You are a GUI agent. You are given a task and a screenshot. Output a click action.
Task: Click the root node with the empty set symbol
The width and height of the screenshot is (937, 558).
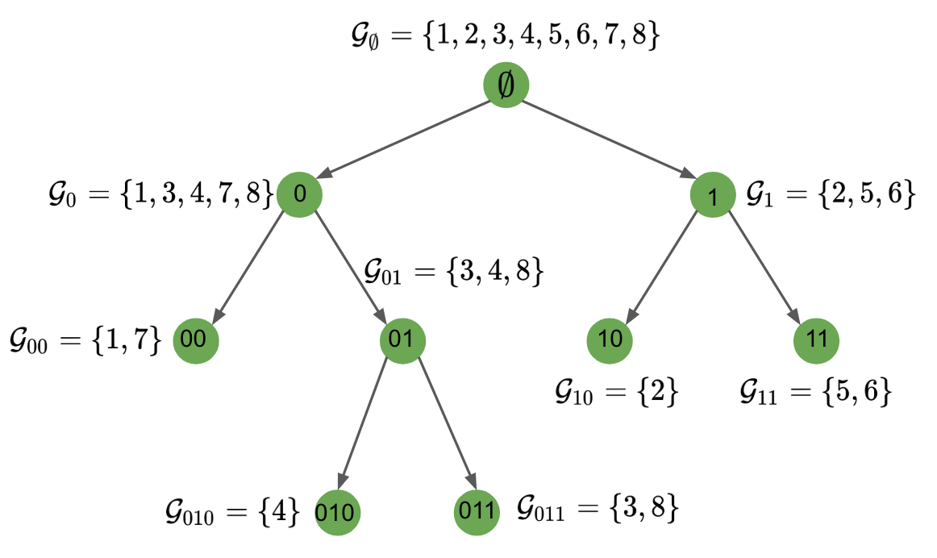[x=506, y=85]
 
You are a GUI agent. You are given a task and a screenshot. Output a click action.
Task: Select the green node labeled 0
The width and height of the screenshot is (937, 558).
[x=299, y=194]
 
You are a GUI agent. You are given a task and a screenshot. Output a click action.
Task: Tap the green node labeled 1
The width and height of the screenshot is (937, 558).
[x=713, y=194]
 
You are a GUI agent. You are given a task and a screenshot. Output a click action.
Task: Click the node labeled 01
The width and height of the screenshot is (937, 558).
[x=402, y=339]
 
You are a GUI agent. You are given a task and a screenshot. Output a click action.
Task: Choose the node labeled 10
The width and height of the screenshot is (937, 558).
[x=610, y=339]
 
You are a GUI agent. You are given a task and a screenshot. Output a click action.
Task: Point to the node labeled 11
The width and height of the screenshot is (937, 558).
[x=816, y=339]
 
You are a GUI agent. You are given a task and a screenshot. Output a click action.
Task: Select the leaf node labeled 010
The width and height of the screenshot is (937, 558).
[x=337, y=512]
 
